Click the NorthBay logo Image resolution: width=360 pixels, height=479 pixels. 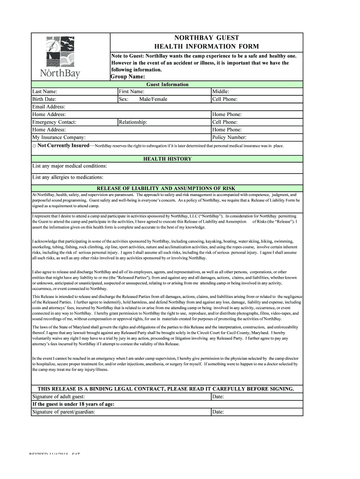[60, 58]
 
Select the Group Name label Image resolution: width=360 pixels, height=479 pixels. [128, 77]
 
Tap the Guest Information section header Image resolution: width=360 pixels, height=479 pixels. [167, 84]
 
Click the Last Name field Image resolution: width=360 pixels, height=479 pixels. [74, 92]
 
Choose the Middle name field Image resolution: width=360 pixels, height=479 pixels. [257, 92]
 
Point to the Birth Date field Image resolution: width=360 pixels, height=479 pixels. [74, 99]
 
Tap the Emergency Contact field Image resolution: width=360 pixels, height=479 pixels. [74, 122]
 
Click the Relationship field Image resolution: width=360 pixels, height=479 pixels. [164, 122]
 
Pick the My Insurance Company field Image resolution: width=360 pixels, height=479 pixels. [121, 138]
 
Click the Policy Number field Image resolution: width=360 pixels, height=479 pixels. [257, 138]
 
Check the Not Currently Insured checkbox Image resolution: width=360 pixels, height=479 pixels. [34, 146]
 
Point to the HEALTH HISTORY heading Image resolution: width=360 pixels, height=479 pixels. [167, 159]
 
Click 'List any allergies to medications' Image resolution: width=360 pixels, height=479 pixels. [68, 177]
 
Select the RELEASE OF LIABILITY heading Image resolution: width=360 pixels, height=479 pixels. [167, 188]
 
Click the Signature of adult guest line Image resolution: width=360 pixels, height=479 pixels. [121, 397]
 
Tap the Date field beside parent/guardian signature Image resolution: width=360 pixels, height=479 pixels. [257, 412]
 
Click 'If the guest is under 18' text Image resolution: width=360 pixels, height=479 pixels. [73, 404]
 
